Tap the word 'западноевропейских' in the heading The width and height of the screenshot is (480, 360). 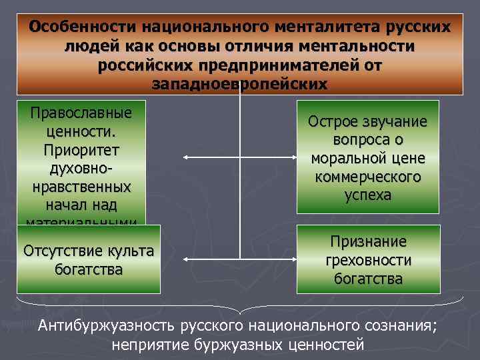tap(240, 84)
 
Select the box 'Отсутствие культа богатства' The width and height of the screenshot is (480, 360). tap(89, 259)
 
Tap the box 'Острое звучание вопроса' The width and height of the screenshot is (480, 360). tap(367, 157)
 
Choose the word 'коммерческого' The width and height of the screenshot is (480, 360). tap(367, 178)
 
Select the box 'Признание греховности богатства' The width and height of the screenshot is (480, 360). tap(367, 259)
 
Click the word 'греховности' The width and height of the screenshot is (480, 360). tap(367, 260)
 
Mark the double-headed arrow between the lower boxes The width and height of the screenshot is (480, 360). tap(239, 258)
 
